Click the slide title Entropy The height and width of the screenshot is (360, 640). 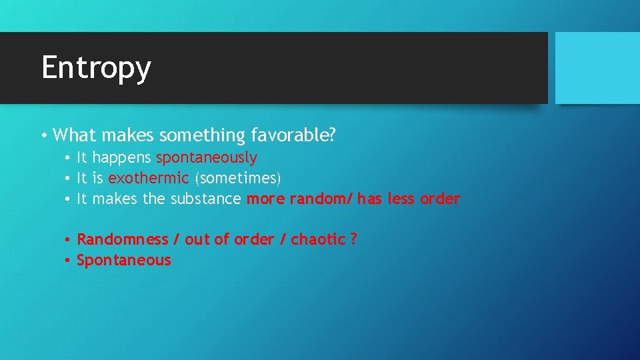[x=96, y=68]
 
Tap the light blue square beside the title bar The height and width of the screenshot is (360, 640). [x=597, y=68]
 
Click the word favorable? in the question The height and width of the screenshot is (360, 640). [x=293, y=135]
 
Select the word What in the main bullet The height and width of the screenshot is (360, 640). [x=74, y=135]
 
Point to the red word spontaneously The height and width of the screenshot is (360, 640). [x=207, y=158]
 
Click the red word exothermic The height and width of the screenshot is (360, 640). [x=149, y=178]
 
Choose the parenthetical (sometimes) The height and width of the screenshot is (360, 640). [x=238, y=178]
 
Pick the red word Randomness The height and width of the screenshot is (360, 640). [x=123, y=239]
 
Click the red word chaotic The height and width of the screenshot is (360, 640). [x=318, y=239]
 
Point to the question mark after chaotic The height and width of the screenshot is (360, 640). [x=353, y=239]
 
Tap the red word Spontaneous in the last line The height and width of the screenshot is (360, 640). [x=124, y=260]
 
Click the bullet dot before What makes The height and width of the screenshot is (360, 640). [x=43, y=136]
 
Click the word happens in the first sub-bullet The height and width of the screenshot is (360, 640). [x=123, y=158]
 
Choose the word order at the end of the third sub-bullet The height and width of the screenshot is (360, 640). [x=440, y=199]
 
